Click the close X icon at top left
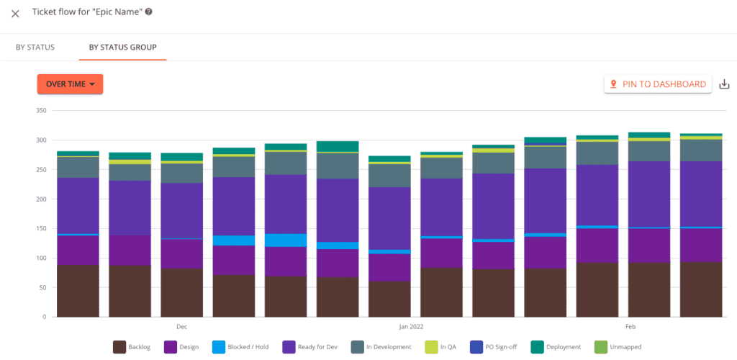[15, 14]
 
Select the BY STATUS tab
[35, 48]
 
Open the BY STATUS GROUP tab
[123, 48]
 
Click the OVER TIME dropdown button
[70, 84]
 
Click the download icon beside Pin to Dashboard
[724, 84]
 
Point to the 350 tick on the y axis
[40, 111]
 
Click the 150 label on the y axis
[40, 229]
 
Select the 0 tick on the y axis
[44, 317]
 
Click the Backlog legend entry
[135, 347]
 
